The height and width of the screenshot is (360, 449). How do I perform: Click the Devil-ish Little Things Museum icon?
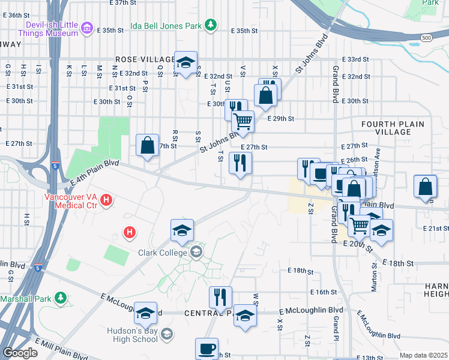point(87,28)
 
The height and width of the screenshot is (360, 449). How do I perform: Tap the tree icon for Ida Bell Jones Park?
point(210,25)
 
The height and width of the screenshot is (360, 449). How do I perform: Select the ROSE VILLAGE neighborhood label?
point(140,60)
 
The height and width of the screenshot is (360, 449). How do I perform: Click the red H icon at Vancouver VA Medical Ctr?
point(106,199)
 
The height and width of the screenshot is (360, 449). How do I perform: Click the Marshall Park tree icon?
point(60,298)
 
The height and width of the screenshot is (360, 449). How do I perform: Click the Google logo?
point(20,353)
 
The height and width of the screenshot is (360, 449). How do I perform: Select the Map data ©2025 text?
point(423,355)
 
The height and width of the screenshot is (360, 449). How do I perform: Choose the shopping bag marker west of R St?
point(147,145)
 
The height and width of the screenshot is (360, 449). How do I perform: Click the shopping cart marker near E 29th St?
point(243,121)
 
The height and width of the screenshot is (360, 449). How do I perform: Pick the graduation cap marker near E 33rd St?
point(185,62)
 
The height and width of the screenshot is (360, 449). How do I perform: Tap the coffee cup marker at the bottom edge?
point(206,347)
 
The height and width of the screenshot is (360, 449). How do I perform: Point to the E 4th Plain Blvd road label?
point(94,172)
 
